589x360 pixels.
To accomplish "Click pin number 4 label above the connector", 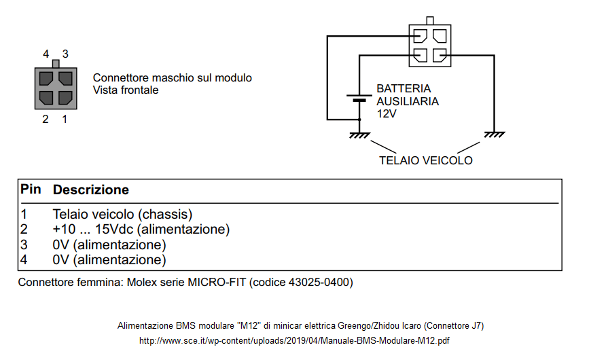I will point(46,54).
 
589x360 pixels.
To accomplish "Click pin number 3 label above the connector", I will point(65,54).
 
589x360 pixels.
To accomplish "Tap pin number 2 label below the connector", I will point(46,120).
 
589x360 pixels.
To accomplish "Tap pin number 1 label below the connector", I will point(65,120).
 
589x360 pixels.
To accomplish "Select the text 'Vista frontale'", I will point(126,90).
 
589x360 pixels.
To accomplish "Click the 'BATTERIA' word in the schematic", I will point(404,89).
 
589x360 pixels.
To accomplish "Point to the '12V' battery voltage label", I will point(387,114).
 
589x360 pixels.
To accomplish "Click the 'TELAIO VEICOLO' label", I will point(426,161).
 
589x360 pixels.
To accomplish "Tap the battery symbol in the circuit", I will point(359,98).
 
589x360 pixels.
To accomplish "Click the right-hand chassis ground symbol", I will point(494,134).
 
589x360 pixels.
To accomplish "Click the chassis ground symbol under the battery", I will point(359,134).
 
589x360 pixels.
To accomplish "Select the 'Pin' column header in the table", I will point(31,190).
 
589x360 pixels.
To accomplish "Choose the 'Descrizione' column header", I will point(91,190).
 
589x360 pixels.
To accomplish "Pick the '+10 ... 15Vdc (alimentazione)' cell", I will point(141,230).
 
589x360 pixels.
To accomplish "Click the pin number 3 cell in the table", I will point(24,245).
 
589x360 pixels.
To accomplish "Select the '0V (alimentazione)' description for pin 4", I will point(109,260).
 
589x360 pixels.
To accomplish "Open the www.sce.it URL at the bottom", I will point(294,340).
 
